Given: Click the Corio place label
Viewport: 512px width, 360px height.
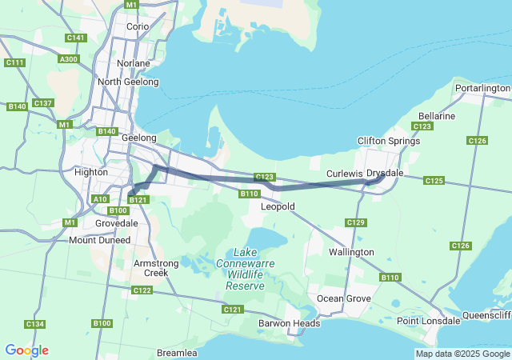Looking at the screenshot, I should point(138,26).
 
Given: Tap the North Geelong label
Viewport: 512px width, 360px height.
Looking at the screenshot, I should point(128,82).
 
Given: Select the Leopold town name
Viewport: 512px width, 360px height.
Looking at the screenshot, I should point(278,206).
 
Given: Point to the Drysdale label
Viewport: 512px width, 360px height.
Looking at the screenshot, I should point(385,173).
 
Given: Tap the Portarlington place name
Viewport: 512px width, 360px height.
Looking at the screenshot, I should point(482,88).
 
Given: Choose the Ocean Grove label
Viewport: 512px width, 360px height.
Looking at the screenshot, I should point(345,298).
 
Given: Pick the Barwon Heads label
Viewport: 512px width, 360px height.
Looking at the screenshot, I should point(290,323).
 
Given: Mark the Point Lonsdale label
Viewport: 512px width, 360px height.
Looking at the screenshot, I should point(428,321).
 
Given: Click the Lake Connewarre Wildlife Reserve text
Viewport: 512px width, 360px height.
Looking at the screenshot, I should point(244,268).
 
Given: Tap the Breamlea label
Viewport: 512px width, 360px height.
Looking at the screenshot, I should point(177,353).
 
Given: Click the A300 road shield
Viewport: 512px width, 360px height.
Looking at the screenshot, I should point(69,58).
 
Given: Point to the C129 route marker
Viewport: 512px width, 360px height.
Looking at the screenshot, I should point(356,222).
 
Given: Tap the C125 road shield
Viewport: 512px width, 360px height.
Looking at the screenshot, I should point(434,181).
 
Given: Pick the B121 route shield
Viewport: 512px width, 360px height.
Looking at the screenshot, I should point(138,200).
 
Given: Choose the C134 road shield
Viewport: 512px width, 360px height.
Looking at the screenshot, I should point(34,324).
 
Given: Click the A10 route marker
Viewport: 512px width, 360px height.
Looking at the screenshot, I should point(100,198).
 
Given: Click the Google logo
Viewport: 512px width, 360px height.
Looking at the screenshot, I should point(26,350).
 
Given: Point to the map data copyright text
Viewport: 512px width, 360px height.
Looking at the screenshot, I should point(462,354).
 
